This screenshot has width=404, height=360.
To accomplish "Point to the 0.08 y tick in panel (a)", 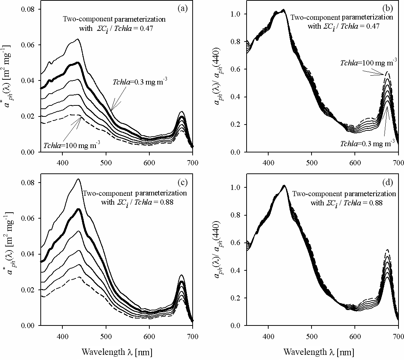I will [29, 9].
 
